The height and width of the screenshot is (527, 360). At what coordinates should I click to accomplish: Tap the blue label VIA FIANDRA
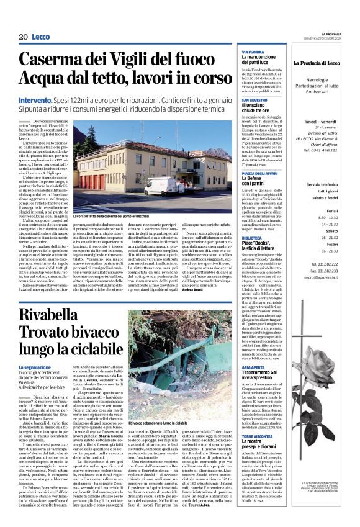tap(253, 52)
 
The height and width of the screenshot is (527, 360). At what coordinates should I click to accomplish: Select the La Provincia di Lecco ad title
tap(322, 63)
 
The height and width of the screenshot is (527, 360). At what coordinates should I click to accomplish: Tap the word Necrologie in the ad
tap(322, 80)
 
